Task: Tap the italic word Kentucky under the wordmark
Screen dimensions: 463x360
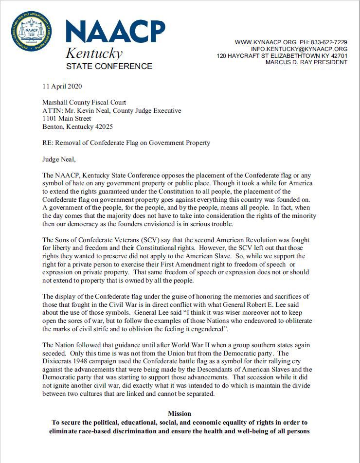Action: click(x=94, y=53)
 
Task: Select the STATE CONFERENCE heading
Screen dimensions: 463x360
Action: click(x=109, y=66)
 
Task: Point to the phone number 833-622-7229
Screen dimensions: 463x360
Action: click(x=330, y=42)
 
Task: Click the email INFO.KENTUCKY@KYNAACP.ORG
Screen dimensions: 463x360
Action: click(x=299, y=49)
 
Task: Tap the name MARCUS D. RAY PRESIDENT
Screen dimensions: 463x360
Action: click(x=306, y=63)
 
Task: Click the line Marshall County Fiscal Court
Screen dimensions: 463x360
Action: click(x=84, y=103)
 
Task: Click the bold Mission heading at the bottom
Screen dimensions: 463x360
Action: click(x=180, y=413)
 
